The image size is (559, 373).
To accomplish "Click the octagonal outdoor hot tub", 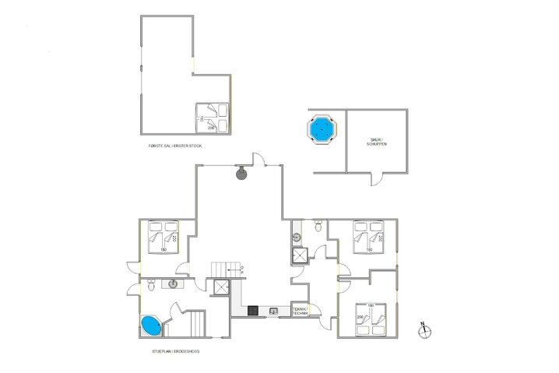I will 320,128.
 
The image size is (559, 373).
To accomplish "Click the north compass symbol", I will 424,329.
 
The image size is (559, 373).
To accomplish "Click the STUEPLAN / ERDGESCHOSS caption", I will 175,351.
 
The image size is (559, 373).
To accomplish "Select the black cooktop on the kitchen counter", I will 253,311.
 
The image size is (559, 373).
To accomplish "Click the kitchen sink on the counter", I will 273,311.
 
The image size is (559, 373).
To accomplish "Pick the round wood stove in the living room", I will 241,173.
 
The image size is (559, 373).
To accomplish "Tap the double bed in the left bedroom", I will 164,238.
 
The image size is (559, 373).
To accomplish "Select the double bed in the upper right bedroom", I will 370,238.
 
